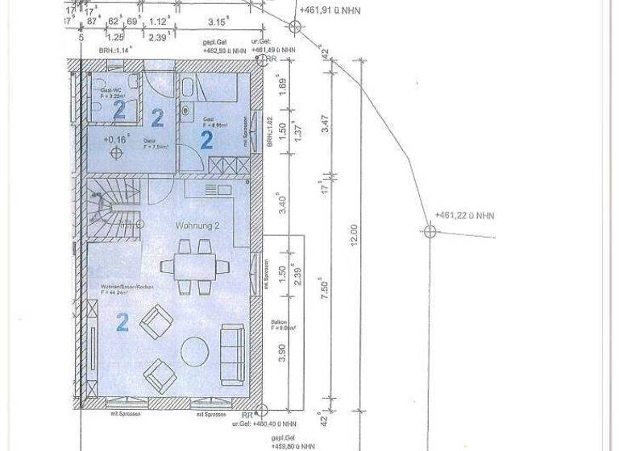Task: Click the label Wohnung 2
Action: [197, 226]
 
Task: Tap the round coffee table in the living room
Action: [196, 351]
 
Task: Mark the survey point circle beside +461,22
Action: [429, 231]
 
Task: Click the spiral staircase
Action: [111, 208]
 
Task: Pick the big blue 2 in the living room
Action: [122, 323]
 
